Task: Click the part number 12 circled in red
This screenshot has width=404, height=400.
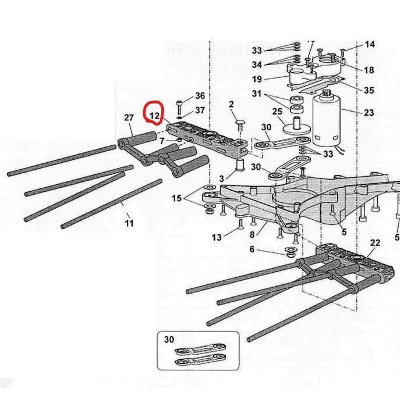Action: [x=154, y=116]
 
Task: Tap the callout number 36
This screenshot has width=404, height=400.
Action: [x=200, y=96]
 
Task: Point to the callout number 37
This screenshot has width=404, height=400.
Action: [x=200, y=110]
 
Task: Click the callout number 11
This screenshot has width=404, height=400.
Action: [x=129, y=223]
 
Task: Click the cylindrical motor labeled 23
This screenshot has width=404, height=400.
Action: [x=328, y=122]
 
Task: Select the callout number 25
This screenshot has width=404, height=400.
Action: [x=278, y=111]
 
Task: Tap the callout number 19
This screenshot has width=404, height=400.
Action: [x=257, y=79]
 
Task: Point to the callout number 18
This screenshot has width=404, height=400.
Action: [x=369, y=70]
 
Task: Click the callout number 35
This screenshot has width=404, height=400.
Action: [x=369, y=90]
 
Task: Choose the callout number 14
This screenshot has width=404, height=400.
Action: [x=370, y=45]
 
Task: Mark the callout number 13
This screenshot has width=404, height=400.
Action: [x=217, y=237]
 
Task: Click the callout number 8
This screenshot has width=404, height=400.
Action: [x=252, y=235]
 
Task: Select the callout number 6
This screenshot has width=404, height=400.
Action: [x=252, y=249]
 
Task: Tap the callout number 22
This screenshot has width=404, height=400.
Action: [x=375, y=242]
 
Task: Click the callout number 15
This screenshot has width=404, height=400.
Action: [x=176, y=199]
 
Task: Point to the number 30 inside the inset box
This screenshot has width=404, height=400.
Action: [x=169, y=340]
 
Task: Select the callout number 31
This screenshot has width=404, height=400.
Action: [x=257, y=94]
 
